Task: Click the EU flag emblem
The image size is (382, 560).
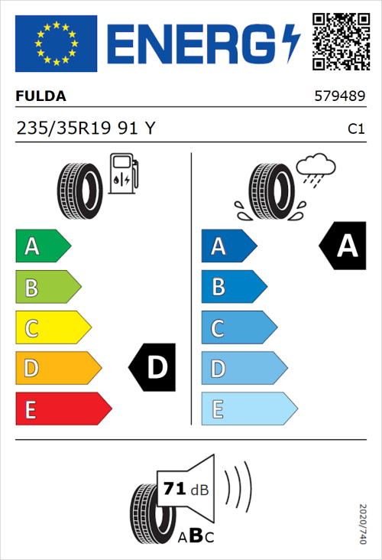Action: [57, 43]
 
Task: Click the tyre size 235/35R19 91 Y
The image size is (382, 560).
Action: [86, 129]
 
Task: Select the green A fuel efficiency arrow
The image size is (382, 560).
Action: [42, 246]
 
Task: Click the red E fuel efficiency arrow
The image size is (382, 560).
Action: [63, 409]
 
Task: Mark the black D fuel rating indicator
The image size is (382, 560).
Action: [153, 368]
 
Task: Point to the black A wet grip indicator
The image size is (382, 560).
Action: [343, 246]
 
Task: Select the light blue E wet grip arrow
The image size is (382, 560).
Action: [248, 409]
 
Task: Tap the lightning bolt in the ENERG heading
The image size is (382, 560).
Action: [290, 44]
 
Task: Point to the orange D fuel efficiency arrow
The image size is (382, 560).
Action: [58, 369]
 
